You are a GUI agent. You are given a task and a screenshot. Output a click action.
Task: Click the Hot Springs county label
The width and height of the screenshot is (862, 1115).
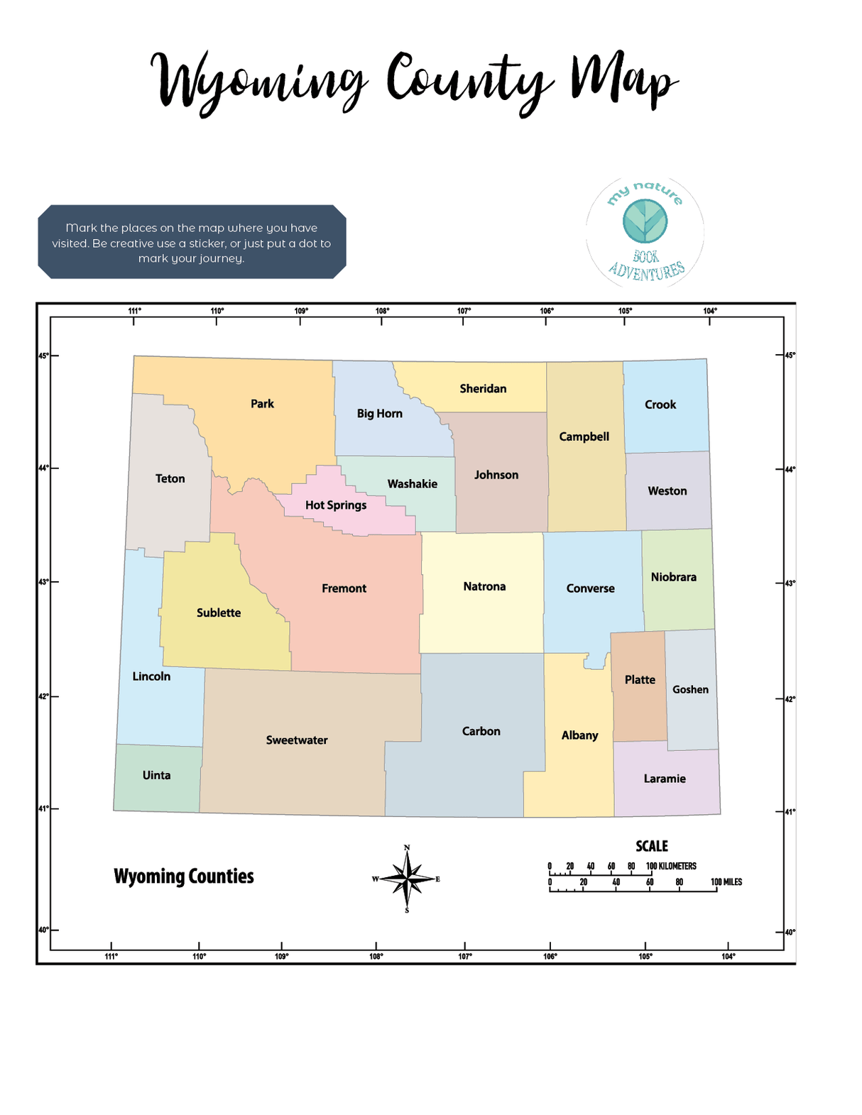(x=336, y=505)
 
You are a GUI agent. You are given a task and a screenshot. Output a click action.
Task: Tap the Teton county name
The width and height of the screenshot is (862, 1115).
(x=170, y=479)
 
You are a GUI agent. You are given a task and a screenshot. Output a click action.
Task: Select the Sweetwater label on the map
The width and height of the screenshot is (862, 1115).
(x=297, y=740)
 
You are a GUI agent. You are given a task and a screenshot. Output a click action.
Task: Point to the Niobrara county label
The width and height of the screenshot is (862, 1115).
(x=673, y=577)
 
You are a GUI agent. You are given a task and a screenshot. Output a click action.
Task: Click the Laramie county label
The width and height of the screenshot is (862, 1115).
(x=665, y=779)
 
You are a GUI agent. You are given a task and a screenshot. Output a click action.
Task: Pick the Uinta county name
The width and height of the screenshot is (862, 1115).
(x=156, y=775)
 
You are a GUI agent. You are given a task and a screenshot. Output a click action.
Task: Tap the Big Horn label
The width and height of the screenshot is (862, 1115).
(x=379, y=414)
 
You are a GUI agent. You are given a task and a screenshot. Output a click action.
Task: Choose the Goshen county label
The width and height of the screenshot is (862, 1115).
(x=690, y=689)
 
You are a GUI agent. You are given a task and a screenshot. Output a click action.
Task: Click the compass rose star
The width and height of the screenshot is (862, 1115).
(x=407, y=879)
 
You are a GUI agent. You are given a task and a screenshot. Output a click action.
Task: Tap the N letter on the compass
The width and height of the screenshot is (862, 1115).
(x=407, y=847)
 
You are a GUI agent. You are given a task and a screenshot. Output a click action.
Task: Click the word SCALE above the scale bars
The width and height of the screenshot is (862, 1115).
(x=652, y=846)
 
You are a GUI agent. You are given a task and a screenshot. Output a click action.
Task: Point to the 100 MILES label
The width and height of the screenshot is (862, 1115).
(x=726, y=882)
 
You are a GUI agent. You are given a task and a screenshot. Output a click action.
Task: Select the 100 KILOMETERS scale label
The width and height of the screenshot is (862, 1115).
(x=671, y=866)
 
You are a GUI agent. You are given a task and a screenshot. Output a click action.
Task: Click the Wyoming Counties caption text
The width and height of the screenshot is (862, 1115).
(x=184, y=877)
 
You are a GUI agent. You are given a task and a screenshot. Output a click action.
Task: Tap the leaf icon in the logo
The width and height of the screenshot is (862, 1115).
(x=645, y=221)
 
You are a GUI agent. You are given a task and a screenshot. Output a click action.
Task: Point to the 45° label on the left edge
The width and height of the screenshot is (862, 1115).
(x=44, y=356)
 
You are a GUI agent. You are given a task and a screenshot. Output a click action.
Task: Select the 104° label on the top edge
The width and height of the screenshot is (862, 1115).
(x=710, y=311)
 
